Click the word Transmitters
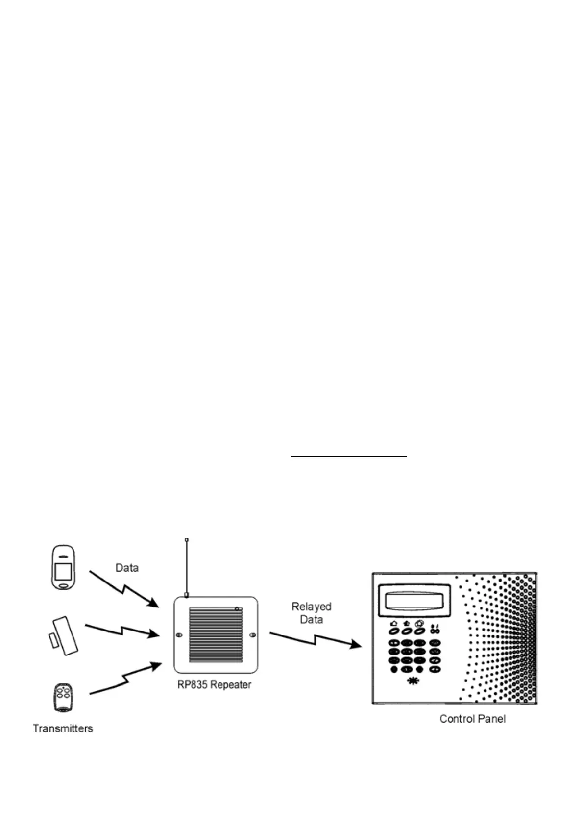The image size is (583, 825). pyautogui.click(x=63, y=728)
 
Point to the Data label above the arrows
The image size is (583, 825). pyautogui.click(x=127, y=568)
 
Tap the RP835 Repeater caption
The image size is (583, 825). pyautogui.click(x=215, y=685)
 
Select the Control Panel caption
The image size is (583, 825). pyautogui.click(x=472, y=719)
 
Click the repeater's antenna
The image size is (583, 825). pyautogui.click(x=187, y=568)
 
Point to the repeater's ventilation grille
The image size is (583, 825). pyautogui.click(x=216, y=634)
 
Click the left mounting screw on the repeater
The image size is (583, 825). pyautogui.click(x=179, y=635)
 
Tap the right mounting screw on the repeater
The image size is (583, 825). pyautogui.click(x=253, y=635)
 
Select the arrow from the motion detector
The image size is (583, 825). pyautogui.click(x=124, y=589)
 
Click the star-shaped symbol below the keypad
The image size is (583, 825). pyautogui.click(x=413, y=681)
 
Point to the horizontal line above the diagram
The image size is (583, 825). pyautogui.click(x=349, y=456)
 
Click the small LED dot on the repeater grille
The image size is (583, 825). pyautogui.click(x=237, y=609)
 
